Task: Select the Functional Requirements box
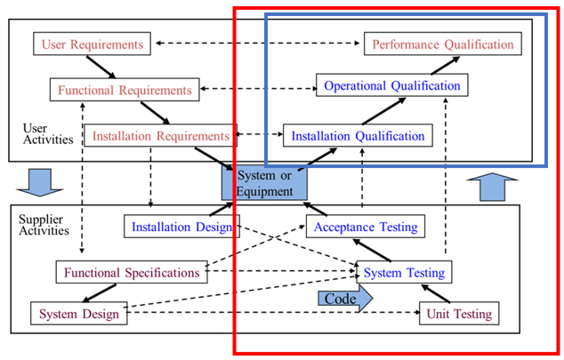coord(125,90)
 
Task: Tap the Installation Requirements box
coord(162,136)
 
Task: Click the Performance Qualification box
coord(442,44)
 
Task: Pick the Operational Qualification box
coord(392,85)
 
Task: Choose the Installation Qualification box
coord(359,136)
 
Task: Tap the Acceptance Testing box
coord(365,227)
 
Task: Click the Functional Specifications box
coord(131,271)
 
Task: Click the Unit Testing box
coord(459,313)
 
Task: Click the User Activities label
coord(41,134)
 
